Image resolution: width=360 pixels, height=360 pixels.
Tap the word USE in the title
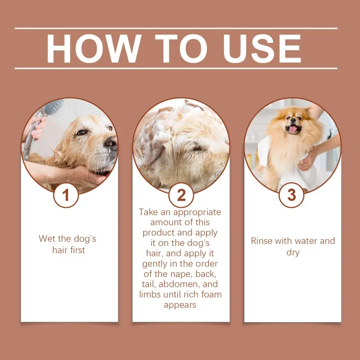point(262,49)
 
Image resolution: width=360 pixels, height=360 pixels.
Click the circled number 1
point(66,195)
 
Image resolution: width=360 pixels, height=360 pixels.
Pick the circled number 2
point(181,195)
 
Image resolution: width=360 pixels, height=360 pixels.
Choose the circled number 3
point(292,195)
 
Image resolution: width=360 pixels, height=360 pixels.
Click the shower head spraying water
point(54,108)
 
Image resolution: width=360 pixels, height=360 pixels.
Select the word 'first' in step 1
point(77,250)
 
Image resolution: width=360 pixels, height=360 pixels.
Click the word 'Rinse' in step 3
point(261,241)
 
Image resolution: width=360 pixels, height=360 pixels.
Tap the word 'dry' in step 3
point(293,252)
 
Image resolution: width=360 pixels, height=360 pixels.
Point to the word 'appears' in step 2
point(180,305)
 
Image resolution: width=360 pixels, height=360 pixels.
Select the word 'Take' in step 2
point(148,212)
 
